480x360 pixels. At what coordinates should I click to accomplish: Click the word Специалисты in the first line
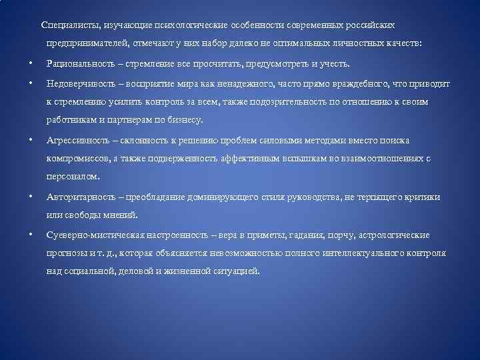67,25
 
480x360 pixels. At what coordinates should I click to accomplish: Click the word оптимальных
301,43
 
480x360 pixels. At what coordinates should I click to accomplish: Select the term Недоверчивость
79,84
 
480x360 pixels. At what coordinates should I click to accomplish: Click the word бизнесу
187,121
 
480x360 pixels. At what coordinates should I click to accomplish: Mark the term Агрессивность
75,141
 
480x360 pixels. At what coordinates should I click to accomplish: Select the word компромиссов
75,159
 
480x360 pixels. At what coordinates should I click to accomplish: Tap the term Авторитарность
77,197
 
